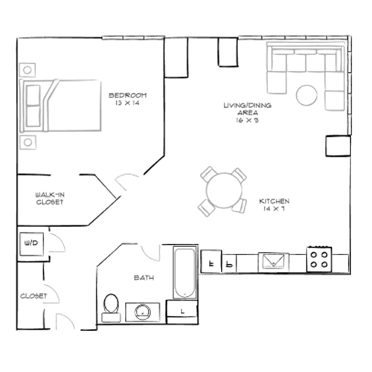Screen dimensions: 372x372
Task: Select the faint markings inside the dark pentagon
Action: tap(130, 97)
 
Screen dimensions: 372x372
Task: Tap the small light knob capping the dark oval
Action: tap(149, 258)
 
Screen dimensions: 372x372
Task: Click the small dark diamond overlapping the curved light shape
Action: tap(36, 295)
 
